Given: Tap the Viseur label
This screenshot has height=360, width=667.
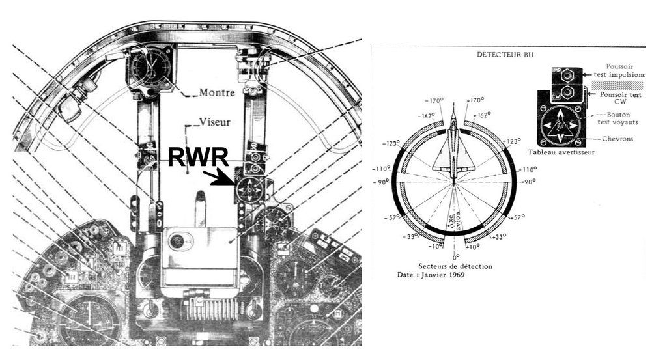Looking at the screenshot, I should pos(212,121).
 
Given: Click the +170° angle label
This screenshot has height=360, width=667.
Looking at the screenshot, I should pos(476,102).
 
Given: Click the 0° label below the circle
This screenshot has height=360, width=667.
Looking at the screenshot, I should pos(454,257).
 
